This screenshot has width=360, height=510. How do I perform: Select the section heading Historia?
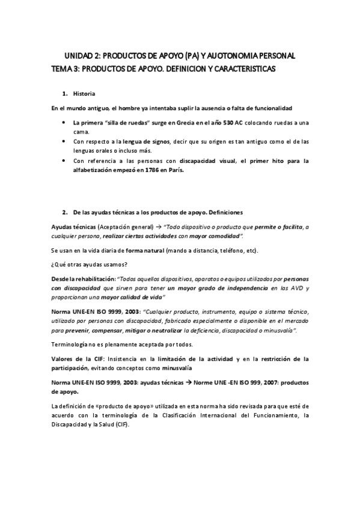[84, 94]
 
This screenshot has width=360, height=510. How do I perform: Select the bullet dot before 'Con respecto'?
[64, 141]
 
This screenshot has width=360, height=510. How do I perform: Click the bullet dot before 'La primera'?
[64, 122]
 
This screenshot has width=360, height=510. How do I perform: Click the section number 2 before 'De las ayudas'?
[64, 212]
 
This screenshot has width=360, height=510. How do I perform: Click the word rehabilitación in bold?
[94, 279]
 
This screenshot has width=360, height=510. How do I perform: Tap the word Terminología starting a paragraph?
[72, 345]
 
